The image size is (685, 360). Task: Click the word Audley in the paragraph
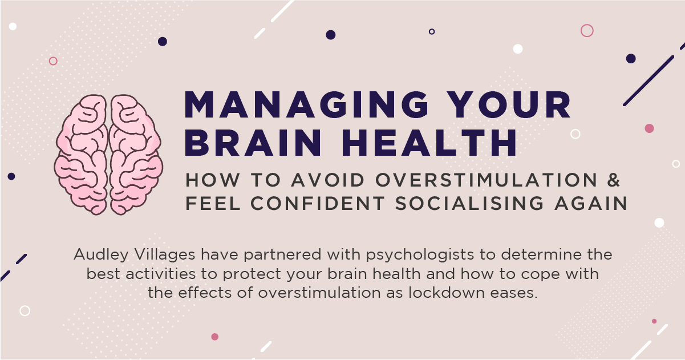[x=99, y=254]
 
